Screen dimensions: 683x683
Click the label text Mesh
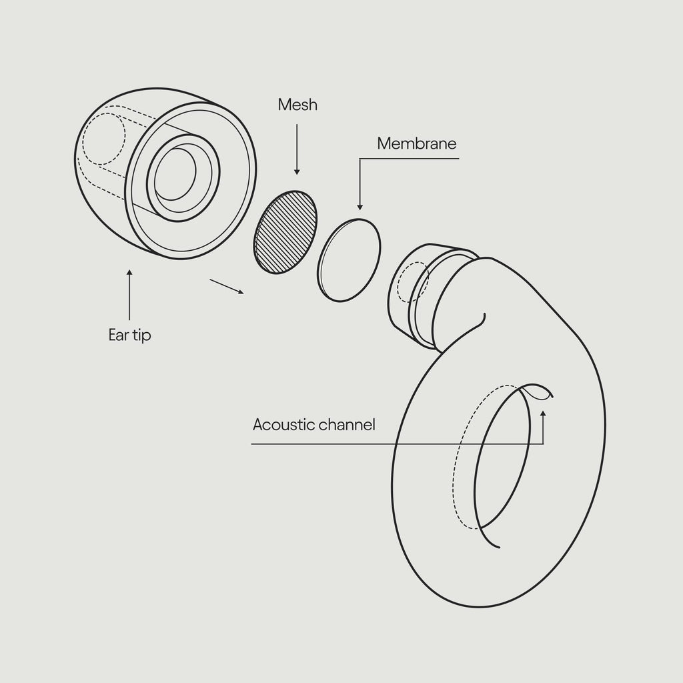(x=297, y=105)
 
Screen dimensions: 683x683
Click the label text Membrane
(x=416, y=143)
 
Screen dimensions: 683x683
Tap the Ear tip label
(x=129, y=335)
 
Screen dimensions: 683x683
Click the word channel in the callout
(x=347, y=425)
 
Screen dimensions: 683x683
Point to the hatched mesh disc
(x=285, y=231)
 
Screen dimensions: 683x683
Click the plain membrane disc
(x=350, y=260)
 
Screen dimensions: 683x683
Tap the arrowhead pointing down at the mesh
(x=297, y=171)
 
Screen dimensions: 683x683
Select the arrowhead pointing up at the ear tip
(x=129, y=273)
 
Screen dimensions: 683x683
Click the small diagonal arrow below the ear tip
(x=227, y=286)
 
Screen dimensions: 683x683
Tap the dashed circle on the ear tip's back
(x=103, y=139)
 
